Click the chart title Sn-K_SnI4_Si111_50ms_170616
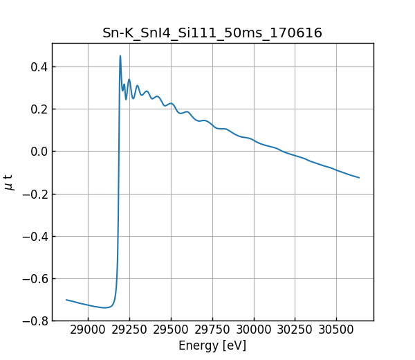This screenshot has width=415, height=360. click(x=212, y=33)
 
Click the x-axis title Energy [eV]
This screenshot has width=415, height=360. click(x=212, y=345)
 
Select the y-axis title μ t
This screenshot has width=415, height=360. click(x=9, y=182)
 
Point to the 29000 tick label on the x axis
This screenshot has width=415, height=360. click(x=88, y=330)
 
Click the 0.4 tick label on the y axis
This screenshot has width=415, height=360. click(x=38, y=67)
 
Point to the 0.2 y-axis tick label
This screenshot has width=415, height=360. click(x=38, y=109)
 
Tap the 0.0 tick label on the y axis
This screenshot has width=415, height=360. click(x=38, y=152)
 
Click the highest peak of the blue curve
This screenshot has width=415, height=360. click(x=120, y=56)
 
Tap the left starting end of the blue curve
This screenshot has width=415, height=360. click(x=66, y=300)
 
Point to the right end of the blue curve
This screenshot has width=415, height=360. click(x=359, y=178)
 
